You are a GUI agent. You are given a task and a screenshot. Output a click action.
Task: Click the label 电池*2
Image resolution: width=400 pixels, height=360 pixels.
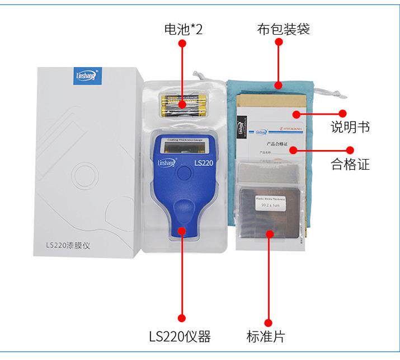pos(183,29)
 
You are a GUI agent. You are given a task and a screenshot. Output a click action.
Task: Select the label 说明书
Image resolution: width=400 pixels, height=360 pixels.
pos(350,128)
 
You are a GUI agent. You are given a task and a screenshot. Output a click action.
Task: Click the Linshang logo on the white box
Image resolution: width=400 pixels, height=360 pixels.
pos(87,76)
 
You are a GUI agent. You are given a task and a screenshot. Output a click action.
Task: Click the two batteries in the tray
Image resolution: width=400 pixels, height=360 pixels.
pos(181,105)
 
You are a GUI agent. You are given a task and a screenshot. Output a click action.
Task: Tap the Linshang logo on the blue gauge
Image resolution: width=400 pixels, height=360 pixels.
pos(167,162)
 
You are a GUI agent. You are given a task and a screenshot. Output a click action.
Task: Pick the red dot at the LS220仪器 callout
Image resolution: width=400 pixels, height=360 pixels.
pos(181,319)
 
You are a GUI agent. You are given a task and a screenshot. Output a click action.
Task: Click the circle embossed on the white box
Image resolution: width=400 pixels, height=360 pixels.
pos(81,174)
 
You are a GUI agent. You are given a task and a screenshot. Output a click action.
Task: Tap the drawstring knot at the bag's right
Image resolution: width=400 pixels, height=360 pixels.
pos(317,90)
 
